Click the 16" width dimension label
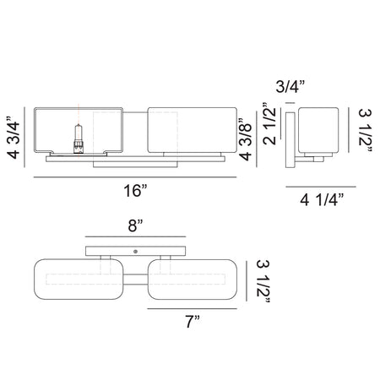click(135, 191)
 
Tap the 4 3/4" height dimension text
click(14, 137)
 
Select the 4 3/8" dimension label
click(245, 139)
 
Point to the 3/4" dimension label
click(290, 86)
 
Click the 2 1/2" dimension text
click(270, 123)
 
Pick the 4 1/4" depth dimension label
click(322, 200)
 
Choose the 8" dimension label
click(135, 225)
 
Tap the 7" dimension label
click(193, 322)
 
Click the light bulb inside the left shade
click(79, 138)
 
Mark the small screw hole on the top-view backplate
click(135, 252)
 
